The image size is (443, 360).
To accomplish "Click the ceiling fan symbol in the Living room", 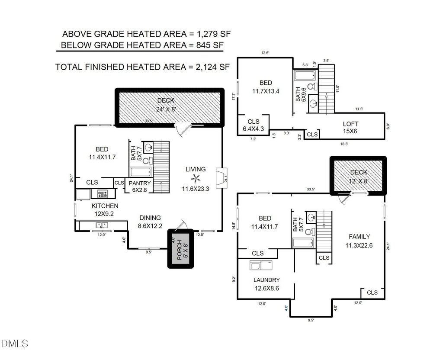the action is pyautogui.click(x=196, y=179).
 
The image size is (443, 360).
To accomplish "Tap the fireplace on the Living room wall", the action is pyautogui.click(x=221, y=178).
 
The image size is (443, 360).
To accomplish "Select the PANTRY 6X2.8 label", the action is pyautogui.click(x=140, y=186).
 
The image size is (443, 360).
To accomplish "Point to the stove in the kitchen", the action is pyautogui.click(x=103, y=194).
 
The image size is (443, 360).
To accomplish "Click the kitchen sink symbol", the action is pyautogui.click(x=102, y=225).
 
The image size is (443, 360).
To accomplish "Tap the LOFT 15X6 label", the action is pyautogui.click(x=350, y=128).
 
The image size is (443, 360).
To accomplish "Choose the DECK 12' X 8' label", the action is pyautogui.click(x=359, y=177).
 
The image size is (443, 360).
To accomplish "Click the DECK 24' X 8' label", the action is pyautogui.click(x=166, y=105).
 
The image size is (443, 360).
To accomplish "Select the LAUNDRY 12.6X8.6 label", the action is pyautogui.click(x=266, y=284).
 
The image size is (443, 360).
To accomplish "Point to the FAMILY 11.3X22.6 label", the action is pyautogui.click(x=359, y=241).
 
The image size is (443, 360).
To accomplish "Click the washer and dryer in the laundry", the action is pyautogui.click(x=261, y=265).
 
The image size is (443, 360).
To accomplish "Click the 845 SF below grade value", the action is pyautogui.click(x=210, y=45).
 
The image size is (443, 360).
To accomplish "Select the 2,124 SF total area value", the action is pyautogui.click(x=212, y=67).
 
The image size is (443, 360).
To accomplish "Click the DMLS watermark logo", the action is pyautogui.click(x=14, y=344).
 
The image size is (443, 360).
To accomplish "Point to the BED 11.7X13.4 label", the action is pyautogui.click(x=266, y=87).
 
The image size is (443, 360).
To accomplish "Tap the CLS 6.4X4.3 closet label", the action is pyautogui.click(x=254, y=125).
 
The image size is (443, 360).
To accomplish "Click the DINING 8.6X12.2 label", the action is pyautogui.click(x=150, y=222).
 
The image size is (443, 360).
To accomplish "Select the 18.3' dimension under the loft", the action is pyautogui.click(x=344, y=144).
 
